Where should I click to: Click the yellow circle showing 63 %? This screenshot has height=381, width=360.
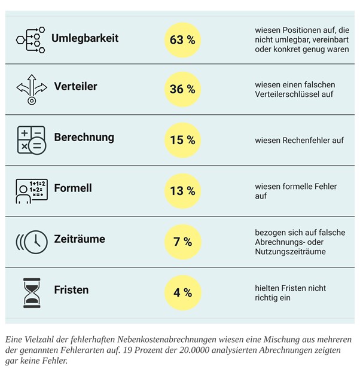(182, 40)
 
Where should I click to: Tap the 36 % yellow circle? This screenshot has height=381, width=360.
(182, 89)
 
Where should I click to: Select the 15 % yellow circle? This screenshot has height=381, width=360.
(182, 140)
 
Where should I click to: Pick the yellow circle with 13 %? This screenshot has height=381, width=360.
(182, 191)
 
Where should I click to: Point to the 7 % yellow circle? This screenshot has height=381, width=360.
(182, 242)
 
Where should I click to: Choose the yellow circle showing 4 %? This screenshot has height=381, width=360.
(182, 292)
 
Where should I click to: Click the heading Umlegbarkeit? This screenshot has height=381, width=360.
(85, 38)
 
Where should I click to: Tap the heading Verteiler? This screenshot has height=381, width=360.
(75, 87)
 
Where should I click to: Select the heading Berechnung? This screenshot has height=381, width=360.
(84, 138)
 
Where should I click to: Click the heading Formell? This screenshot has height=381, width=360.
(73, 188)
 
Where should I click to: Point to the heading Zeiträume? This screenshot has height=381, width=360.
(80, 239)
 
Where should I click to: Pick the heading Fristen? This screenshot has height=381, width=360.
(71, 290)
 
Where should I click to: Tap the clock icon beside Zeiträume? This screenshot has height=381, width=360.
(33, 241)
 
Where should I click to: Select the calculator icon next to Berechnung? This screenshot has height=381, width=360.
(31, 140)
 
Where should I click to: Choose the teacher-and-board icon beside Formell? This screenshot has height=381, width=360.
(31, 191)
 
